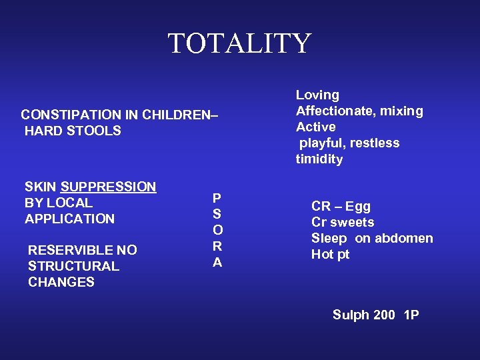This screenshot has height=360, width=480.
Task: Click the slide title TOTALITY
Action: (x=239, y=44)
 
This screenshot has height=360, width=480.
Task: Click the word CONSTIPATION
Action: (x=65, y=115)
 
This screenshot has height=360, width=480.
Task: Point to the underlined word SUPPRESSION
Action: (x=108, y=187)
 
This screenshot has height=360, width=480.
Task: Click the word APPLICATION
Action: (x=69, y=219)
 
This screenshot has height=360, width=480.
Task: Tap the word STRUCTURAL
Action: (x=73, y=266)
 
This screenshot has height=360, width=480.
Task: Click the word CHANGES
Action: (x=61, y=282)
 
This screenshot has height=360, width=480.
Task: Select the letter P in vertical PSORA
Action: (x=217, y=198)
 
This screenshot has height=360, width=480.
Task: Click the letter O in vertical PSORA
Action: (x=217, y=230)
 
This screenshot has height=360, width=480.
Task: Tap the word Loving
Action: (x=317, y=95)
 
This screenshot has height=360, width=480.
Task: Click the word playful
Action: (x=321, y=143)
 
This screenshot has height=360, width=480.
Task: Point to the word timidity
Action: (x=319, y=159)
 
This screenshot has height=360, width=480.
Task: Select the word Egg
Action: (x=359, y=207)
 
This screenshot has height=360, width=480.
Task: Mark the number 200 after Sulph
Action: (x=383, y=315)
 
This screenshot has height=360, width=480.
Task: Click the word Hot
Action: (x=323, y=254)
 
